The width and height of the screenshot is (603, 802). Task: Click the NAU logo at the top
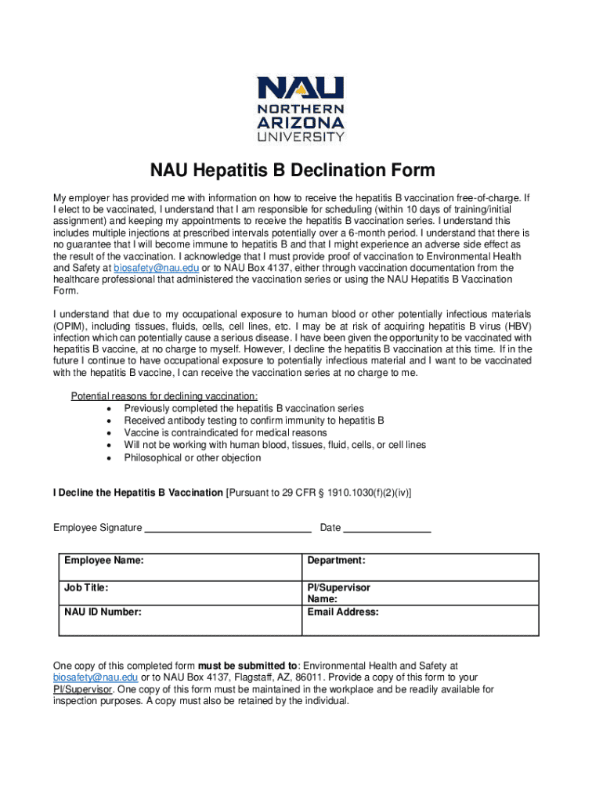301,109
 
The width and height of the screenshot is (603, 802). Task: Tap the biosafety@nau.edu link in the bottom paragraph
96,677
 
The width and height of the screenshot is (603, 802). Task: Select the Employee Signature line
229,529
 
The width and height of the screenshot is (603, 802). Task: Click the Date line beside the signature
387,529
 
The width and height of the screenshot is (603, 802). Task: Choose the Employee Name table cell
180,566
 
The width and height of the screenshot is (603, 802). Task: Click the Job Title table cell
180,592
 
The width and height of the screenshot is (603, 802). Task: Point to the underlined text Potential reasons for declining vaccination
164,396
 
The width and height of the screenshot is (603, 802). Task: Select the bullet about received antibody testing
254,421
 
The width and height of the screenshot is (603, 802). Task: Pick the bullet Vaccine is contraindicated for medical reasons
226,432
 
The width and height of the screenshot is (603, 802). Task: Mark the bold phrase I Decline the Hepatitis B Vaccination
138,493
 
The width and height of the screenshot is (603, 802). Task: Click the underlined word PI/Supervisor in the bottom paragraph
83,689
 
